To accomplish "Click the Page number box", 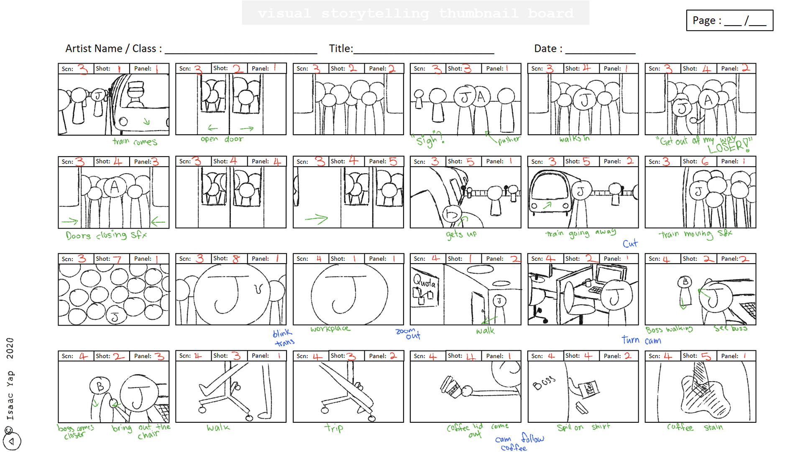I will (x=729, y=21).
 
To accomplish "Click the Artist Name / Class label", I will (x=113, y=49).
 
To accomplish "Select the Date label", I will (x=548, y=49).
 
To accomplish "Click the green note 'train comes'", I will (x=135, y=142).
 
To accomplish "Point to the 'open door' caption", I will (x=222, y=139).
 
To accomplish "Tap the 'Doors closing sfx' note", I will (x=106, y=235).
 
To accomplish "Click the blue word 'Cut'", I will (x=630, y=244).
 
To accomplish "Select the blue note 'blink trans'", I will (x=283, y=338).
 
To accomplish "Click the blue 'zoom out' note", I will (x=408, y=334).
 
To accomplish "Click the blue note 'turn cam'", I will (x=641, y=340).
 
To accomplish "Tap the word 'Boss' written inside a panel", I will (x=544, y=383).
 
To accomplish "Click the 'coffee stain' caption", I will (x=695, y=427).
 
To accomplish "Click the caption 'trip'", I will (x=334, y=428).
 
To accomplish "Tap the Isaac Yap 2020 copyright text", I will (x=10, y=379).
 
